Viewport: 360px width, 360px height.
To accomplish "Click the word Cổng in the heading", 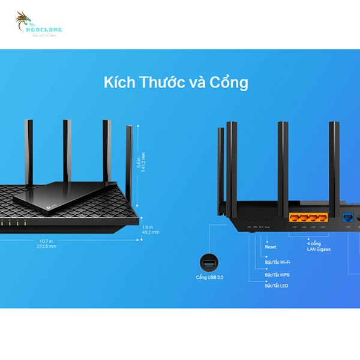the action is pyautogui.click(x=229, y=82).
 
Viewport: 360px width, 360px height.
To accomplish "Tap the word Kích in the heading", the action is pyautogui.click(x=120, y=82).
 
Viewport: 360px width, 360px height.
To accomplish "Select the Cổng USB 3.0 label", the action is pyautogui.click(x=209, y=277).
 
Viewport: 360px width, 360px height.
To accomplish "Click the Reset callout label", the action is pyautogui.click(x=271, y=247).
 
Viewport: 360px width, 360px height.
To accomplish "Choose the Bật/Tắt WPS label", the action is pyautogui.click(x=278, y=275).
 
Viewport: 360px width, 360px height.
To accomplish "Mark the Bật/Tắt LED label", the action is pyautogui.click(x=277, y=286).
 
